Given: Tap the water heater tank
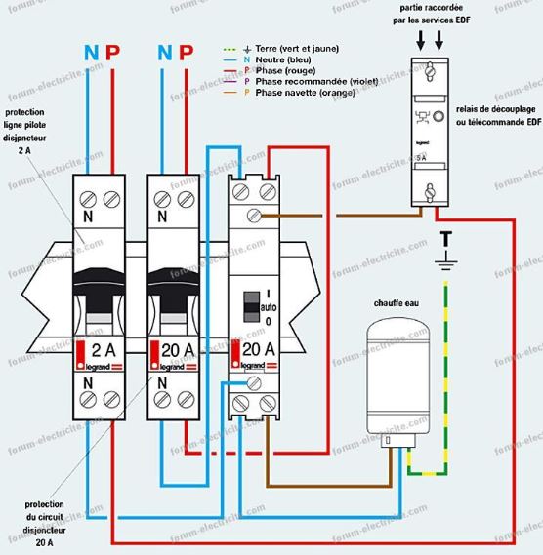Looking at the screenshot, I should coord(401,377).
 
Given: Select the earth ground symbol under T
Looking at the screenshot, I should coord(446,260).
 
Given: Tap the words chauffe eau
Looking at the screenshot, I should coord(395,303).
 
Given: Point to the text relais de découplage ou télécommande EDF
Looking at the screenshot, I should coord(497,115).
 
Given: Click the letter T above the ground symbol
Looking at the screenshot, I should coord(446,238).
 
